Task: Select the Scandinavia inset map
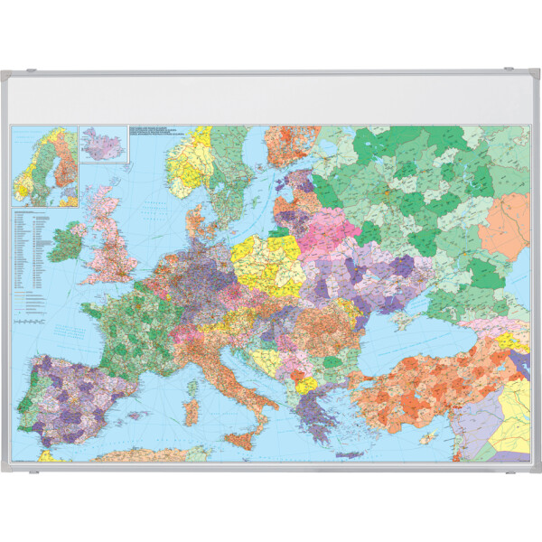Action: click(x=43, y=167)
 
